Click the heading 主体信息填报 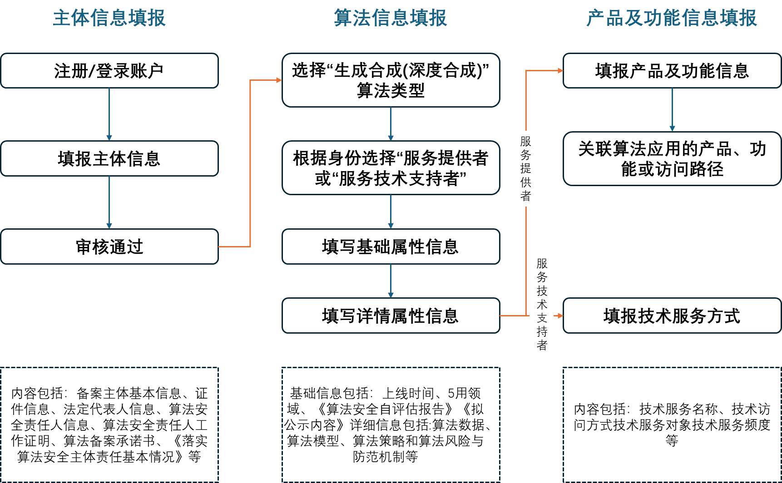[109, 18]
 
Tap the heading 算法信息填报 [391, 18]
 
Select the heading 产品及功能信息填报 [672, 18]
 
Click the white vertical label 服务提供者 [528, 168]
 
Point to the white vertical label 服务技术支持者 [541, 304]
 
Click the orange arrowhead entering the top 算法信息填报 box [279, 80]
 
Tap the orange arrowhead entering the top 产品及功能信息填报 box [560, 71]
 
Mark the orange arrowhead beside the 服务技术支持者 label [560, 315]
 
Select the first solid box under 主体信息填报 [109, 71]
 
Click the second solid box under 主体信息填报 [109, 158]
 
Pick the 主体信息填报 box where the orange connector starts [109, 246]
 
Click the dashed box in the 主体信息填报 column [109, 424]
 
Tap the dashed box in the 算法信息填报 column [391, 424]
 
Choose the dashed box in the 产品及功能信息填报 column [672, 424]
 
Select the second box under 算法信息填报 [391, 168]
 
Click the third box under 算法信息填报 [391, 246]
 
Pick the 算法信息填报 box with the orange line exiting [391, 315]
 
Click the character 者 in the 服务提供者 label [526, 196]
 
